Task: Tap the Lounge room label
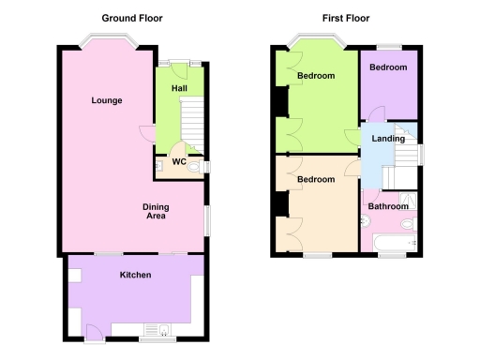tap(106, 100)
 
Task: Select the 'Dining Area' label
tap(155, 212)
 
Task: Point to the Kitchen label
tap(135, 275)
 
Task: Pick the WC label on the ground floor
tap(177, 161)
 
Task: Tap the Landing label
tap(388, 139)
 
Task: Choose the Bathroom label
tap(388, 206)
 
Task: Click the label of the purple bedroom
tap(387, 67)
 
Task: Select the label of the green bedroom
tap(316, 76)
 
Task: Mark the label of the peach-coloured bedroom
tap(316, 178)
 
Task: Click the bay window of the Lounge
tap(106, 42)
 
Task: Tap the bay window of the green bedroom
tap(315, 42)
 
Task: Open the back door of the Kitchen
tap(95, 331)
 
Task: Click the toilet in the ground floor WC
tap(194, 167)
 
